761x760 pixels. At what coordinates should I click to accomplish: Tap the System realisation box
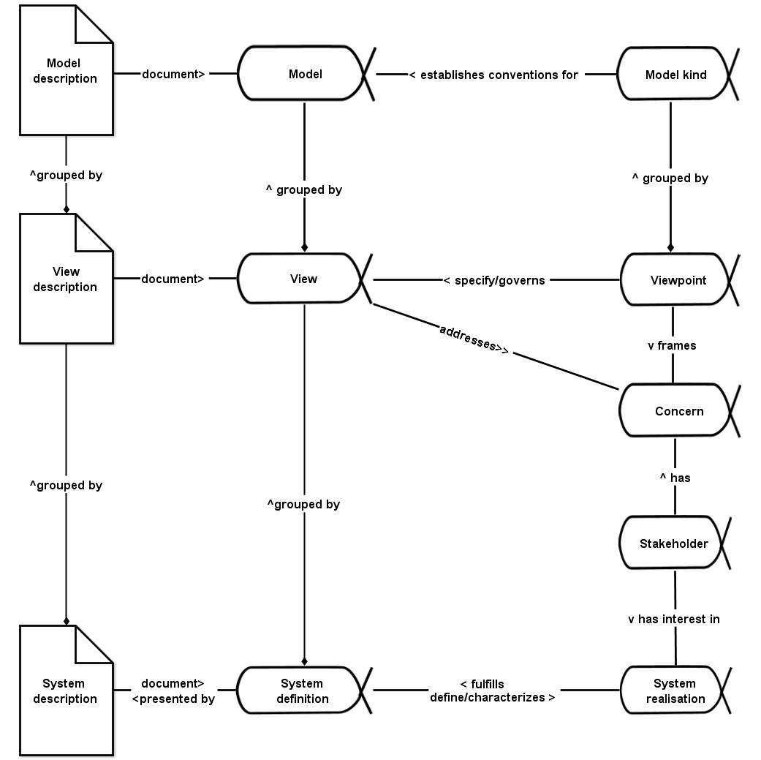[x=675, y=691]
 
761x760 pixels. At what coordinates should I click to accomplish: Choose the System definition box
[x=302, y=691]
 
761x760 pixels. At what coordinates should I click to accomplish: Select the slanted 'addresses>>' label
[x=474, y=339]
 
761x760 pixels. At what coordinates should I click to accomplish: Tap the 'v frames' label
[x=672, y=345]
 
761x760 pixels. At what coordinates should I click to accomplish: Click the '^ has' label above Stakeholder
[x=675, y=478]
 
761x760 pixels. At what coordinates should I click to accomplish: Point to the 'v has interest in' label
[x=674, y=619]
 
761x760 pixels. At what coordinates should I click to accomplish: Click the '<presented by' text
[x=173, y=699]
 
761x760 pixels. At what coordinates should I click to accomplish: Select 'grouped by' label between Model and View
[x=304, y=189]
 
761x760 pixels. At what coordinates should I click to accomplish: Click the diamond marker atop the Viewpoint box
[x=670, y=248]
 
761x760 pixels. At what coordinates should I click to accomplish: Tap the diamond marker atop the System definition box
[x=304, y=661]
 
